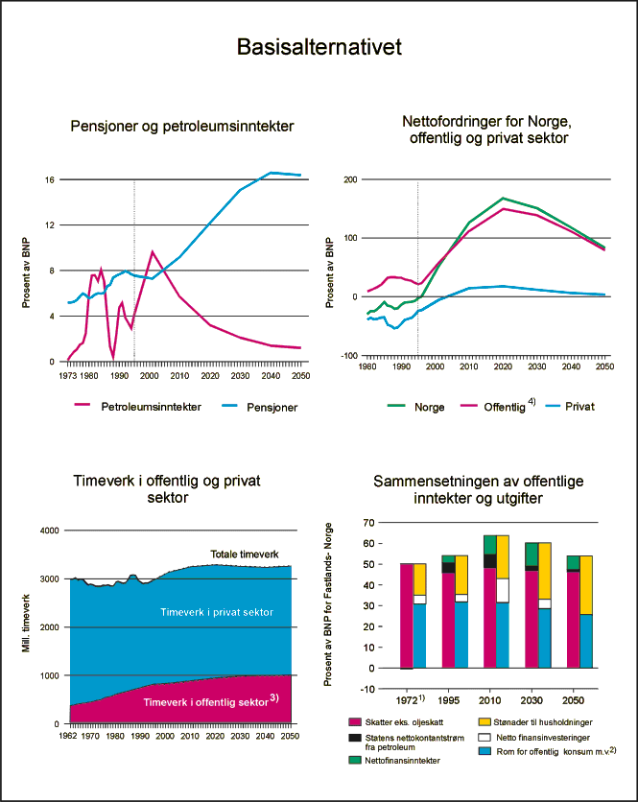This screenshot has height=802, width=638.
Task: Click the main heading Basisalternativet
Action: [x=319, y=48]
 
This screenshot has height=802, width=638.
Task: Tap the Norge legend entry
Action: [x=429, y=406]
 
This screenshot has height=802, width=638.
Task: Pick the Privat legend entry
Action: [x=579, y=406]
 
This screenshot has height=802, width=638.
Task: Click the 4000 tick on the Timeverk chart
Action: [x=49, y=531]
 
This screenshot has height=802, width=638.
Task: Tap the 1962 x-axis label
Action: [x=69, y=738]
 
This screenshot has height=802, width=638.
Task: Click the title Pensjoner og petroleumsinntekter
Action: [x=182, y=126]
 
